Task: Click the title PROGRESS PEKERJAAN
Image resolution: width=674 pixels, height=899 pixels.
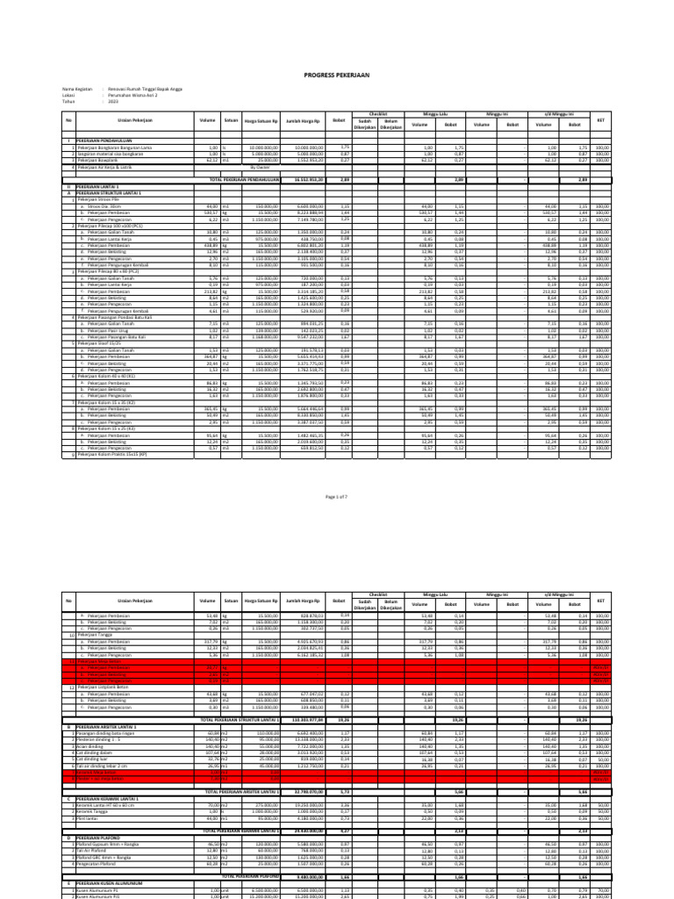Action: click(x=337, y=76)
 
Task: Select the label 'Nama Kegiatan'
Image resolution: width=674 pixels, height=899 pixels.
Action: click(x=77, y=90)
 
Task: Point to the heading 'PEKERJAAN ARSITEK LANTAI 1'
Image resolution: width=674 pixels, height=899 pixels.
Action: click(x=110, y=728)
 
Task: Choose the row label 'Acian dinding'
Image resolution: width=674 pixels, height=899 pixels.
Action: click(x=93, y=745)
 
